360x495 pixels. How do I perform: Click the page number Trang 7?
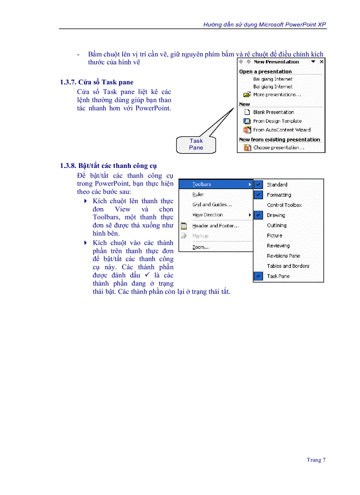(316, 460)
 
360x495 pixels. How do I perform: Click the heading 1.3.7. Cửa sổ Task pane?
(97, 82)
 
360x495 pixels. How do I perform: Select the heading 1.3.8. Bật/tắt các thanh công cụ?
(109, 166)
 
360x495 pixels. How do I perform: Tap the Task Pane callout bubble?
(196, 144)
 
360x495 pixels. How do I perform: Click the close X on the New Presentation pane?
(322, 62)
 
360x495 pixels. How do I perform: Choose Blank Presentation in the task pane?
(273, 112)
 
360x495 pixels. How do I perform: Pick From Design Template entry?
(277, 121)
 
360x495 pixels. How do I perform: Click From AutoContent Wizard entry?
(281, 130)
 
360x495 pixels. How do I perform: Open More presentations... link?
(277, 95)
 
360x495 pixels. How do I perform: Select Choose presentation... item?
(278, 148)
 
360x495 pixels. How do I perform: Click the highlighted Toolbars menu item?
(202, 184)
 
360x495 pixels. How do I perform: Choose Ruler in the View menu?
(198, 194)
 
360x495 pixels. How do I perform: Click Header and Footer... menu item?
(215, 226)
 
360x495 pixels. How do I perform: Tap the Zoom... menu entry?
(201, 247)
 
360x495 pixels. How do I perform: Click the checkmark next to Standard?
(259, 185)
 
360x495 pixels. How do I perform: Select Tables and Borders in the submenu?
(288, 266)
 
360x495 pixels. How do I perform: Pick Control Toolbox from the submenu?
(284, 205)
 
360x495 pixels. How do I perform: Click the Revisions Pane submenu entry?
(283, 256)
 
